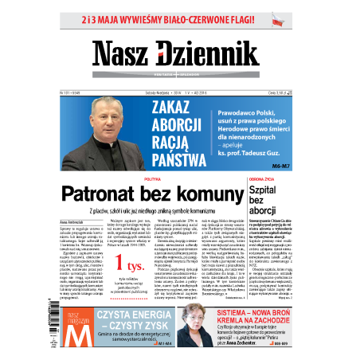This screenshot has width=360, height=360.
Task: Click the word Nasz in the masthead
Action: [123, 53]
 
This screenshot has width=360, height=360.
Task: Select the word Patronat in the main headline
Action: [111, 193]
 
